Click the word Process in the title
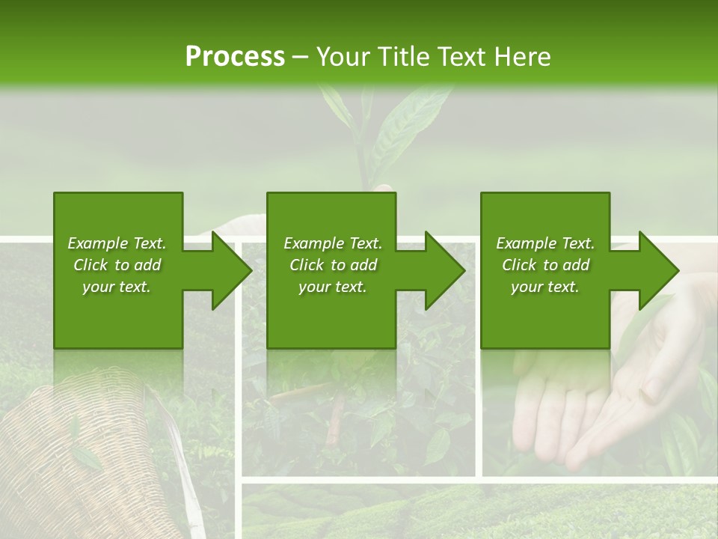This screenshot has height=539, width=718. click(x=235, y=57)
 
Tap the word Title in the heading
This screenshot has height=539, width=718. click(x=402, y=57)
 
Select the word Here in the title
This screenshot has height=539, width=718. click(x=523, y=57)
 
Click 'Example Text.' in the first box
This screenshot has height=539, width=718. click(x=117, y=243)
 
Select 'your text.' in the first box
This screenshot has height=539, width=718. click(x=117, y=287)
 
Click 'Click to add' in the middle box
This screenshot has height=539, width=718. click(x=333, y=265)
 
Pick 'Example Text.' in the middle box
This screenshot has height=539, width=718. click(x=333, y=243)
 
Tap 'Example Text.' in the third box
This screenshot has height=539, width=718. click(x=545, y=243)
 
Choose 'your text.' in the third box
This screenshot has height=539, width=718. click(x=545, y=287)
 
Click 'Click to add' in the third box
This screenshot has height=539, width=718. click(x=545, y=265)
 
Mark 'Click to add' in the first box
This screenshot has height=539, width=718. click(x=117, y=265)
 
